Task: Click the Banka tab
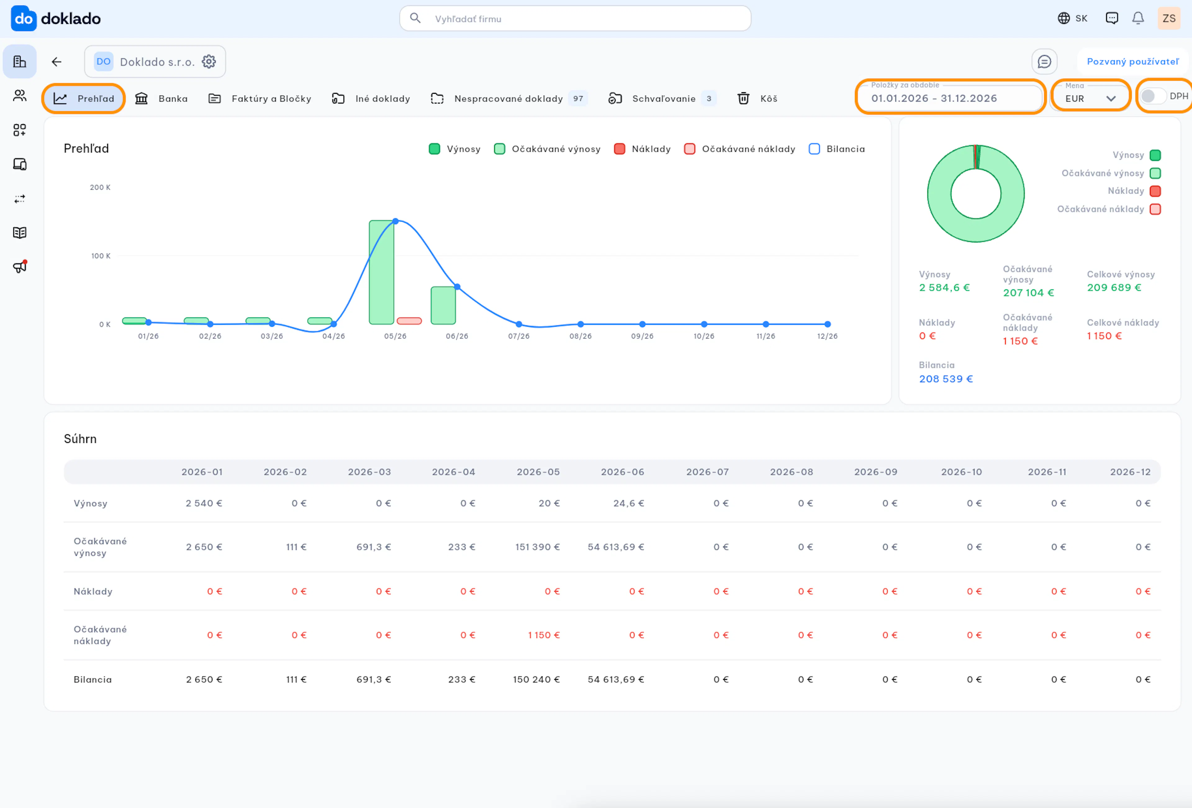tap(161, 98)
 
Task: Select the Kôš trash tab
tap(757, 98)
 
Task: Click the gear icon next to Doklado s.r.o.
tap(209, 61)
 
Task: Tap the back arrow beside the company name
tap(56, 61)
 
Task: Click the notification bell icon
tap(1138, 18)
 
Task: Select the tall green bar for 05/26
tap(382, 272)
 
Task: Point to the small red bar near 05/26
tap(409, 321)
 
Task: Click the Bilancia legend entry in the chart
tap(837, 149)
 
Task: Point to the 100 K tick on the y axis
tap(101, 256)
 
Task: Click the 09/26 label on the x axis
tap(642, 336)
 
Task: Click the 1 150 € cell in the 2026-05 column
tap(544, 635)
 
